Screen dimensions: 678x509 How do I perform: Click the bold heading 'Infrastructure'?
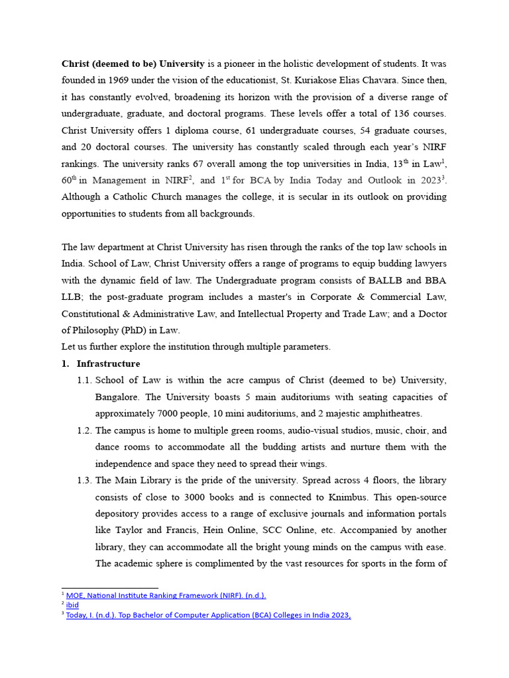[108, 363]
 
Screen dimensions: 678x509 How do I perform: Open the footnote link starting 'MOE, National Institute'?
[166, 595]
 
